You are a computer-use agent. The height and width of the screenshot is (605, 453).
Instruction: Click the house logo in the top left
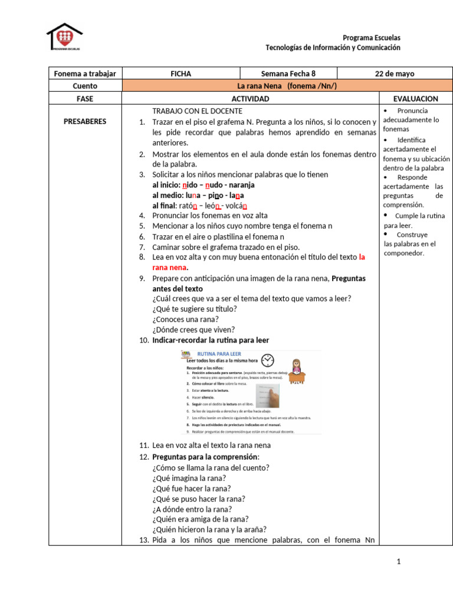coord(64,37)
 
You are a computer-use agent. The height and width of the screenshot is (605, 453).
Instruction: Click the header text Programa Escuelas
coord(371,38)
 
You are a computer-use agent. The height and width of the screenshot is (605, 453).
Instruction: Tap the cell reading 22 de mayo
coord(395,74)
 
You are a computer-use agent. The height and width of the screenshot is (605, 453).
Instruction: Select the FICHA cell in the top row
coord(180,74)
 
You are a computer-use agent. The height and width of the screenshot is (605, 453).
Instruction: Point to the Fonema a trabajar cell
coord(85,74)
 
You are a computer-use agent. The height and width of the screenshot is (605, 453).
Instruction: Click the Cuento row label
coord(85,86)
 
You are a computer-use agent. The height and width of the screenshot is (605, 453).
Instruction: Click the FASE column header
coord(85,99)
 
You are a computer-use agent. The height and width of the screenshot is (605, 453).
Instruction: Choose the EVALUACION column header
coord(416,99)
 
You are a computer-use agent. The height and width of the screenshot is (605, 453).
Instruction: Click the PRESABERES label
coord(85,122)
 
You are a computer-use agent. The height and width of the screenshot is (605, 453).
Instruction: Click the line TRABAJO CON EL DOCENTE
coord(197,111)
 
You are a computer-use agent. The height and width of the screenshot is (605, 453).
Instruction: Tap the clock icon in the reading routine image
coord(268,360)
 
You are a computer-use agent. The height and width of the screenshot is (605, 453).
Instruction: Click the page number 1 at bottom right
coord(398,562)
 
